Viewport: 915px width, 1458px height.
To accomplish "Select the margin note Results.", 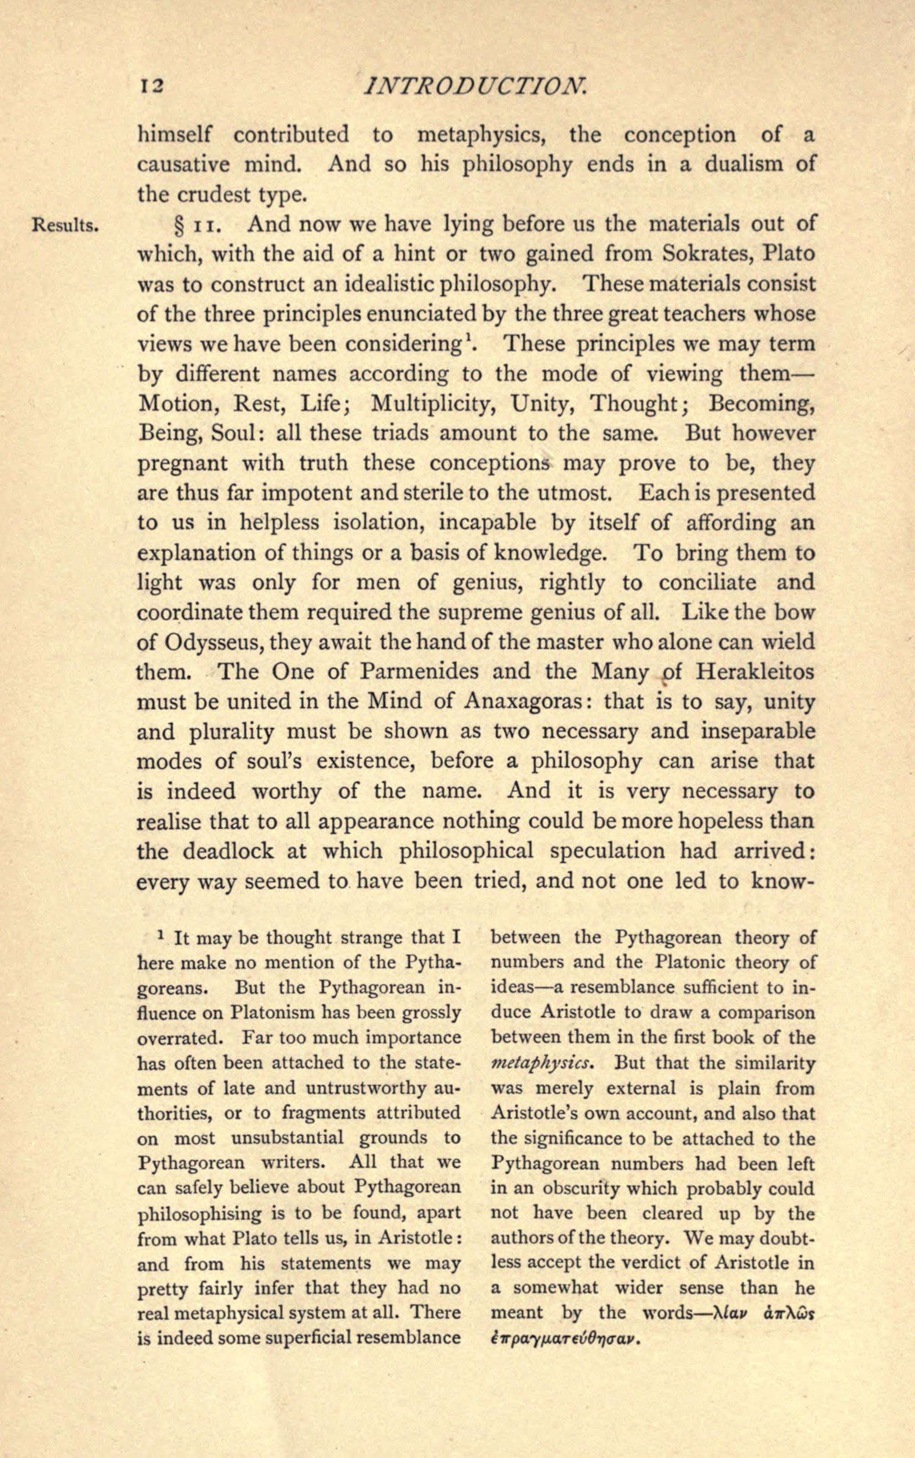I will [x=65, y=226].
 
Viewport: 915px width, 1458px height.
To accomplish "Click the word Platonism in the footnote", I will [x=273, y=1012].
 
